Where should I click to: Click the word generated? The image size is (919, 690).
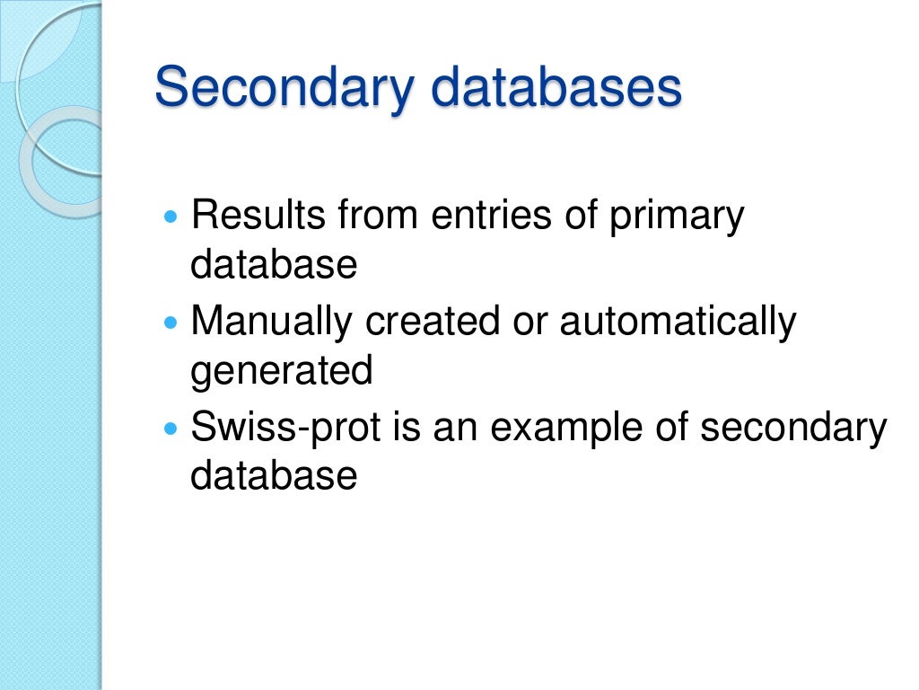click(x=281, y=371)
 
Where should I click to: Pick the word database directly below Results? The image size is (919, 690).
click(x=274, y=265)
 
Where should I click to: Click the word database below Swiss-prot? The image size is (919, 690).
click(x=274, y=476)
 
